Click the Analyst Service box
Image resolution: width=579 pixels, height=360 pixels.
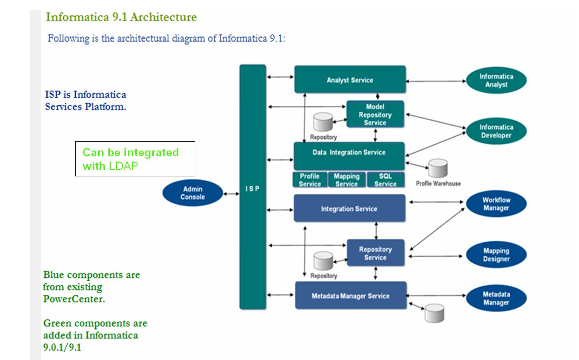point(350,80)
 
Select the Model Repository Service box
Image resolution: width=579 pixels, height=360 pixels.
point(375,114)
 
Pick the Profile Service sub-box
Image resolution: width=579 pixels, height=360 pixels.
point(310,180)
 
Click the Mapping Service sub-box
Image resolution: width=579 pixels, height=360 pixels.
point(347,180)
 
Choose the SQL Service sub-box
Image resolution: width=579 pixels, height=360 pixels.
point(385,180)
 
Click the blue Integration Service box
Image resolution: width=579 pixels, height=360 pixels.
point(349,209)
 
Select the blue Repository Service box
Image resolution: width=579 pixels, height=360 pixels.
point(375,253)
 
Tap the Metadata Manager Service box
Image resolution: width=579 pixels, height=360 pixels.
point(351,296)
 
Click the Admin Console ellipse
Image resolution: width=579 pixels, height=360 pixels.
point(193,193)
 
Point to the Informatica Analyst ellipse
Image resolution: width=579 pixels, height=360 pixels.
point(496,81)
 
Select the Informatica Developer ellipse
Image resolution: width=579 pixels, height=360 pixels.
point(496,131)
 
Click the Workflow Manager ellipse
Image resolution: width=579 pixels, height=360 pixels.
point(496,204)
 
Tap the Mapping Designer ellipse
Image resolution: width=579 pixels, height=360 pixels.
point(496,255)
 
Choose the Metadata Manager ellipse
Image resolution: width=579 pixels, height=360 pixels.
point(496,298)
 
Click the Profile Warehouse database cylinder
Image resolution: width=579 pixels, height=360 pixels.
point(437,169)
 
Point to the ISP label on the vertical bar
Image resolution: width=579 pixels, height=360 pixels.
point(252,189)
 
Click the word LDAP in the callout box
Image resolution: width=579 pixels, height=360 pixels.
point(123,166)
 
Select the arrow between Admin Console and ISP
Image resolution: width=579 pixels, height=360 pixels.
point(231,194)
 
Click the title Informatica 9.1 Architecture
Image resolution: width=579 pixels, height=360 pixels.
point(121,17)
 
